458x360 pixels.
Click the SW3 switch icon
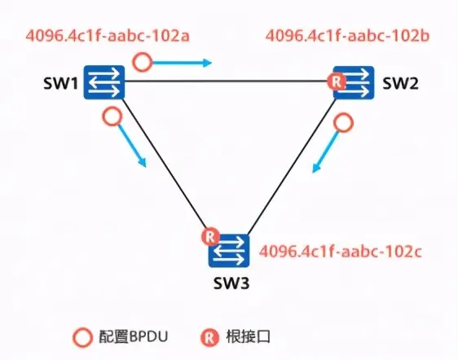coord(228,250)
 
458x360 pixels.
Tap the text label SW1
coord(62,82)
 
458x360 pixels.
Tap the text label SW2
coord(399,82)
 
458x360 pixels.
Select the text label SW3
coord(228,284)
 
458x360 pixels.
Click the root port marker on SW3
coord(209,237)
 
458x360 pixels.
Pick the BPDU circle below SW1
coord(112,116)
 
